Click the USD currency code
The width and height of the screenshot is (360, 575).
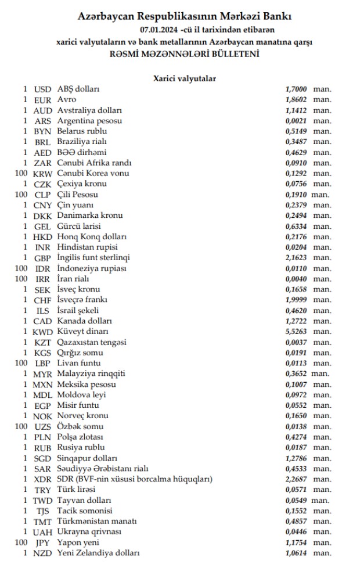[43, 89]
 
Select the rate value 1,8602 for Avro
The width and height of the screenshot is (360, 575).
[296, 99]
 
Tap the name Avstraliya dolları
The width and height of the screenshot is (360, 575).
[89, 110]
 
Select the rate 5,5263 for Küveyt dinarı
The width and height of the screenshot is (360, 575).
[296, 331]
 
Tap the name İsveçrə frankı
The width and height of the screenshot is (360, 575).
[82, 300]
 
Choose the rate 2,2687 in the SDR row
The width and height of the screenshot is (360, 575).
[296, 479]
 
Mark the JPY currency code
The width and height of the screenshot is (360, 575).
[43, 542]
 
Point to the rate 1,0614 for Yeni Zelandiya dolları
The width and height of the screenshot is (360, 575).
[296, 553]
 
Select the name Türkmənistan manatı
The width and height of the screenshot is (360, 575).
[93, 521]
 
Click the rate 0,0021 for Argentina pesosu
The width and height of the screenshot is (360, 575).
[296, 120]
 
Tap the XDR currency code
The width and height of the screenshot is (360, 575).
[43, 479]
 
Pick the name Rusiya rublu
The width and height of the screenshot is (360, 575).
[81, 447]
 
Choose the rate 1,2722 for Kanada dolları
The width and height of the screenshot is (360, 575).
[296, 321]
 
